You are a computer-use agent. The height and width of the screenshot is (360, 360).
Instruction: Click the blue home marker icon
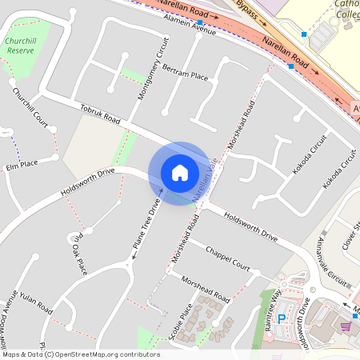179,172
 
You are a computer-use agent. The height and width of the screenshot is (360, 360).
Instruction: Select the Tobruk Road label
100,114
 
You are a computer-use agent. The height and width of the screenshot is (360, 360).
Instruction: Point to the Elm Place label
22,166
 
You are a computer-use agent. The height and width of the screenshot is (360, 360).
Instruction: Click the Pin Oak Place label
78,253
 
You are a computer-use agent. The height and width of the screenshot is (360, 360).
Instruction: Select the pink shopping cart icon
346,326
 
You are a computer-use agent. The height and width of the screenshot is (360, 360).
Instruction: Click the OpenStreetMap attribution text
80,354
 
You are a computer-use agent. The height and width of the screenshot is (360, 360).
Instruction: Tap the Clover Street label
349,233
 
